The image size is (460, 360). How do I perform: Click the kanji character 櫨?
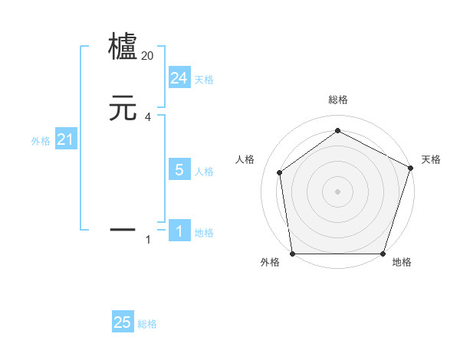pyautogui.click(x=123, y=46)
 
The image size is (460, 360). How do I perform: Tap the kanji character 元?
pyautogui.click(x=123, y=109)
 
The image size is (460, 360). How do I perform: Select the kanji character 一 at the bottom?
pyautogui.click(x=123, y=228)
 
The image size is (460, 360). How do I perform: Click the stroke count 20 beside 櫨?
pyautogui.click(x=148, y=55)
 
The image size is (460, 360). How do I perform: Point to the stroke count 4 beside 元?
pyautogui.click(x=148, y=116)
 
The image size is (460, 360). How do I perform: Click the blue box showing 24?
pyautogui.click(x=179, y=78)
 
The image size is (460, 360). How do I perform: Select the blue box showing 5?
pyautogui.click(x=179, y=170)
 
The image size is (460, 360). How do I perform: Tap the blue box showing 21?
pyautogui.click(x=66, y=139)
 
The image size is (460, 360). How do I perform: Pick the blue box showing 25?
pyautogui.click(x=123, y=322)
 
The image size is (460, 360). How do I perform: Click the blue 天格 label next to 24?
pyautogui.click(x=204, y=80)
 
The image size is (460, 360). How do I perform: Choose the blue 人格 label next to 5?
pyautogui.click(x=204, y=172)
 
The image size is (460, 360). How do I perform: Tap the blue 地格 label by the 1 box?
pyautogui.click(x=204, y=233)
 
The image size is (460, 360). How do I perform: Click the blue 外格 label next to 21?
pyautogui.click(x=41, y=141)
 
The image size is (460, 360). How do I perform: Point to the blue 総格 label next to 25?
pyautogui.click(x=147, y=324)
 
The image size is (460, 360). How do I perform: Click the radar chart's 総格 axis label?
pyautogui.click(x=338, y=100)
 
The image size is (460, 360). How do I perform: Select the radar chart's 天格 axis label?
pyautogui.click(x=431, y=159)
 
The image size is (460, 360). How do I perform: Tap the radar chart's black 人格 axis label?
pyautogui.click(x=245, y=159)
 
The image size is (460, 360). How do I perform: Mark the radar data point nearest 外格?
pyautogui.click(x=293, y=254)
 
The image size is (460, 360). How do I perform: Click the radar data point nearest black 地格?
pyautogui.click(x=383, y=254)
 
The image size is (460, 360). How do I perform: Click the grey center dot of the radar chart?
pyautogui.click(x=338, y=191)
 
